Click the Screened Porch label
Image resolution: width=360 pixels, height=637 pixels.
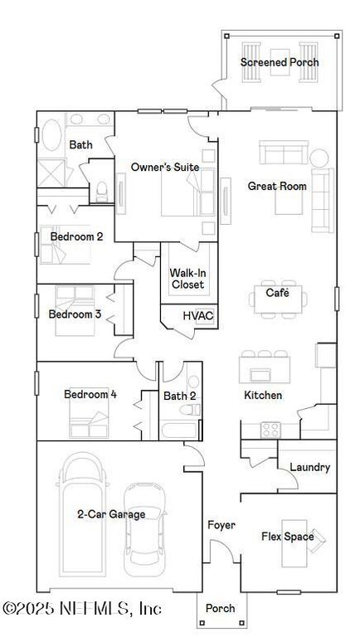tap(280, 62)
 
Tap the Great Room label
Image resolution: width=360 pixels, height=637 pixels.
tap(277, 186)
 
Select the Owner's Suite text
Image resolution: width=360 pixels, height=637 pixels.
tap(165, 167)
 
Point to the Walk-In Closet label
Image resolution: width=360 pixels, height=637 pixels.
tap(187, 279)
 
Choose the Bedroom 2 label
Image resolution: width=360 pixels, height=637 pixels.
tap(76, 236)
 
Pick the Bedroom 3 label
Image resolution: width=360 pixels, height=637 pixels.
tap(75, 314)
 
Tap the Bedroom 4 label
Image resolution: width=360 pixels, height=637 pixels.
tap(90, 394)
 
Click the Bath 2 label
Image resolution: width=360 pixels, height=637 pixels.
tap(179, 396)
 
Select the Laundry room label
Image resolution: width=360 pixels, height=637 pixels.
tap(309, 467)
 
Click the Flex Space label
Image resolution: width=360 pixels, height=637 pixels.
tap(287, 537)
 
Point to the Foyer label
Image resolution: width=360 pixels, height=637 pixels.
tap(221, 525)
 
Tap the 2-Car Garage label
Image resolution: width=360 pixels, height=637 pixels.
tap(111, 514)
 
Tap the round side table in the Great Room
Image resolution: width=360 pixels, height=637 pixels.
tap(319, 157)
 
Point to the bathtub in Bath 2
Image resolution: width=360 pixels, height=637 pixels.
tap(180, 430)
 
